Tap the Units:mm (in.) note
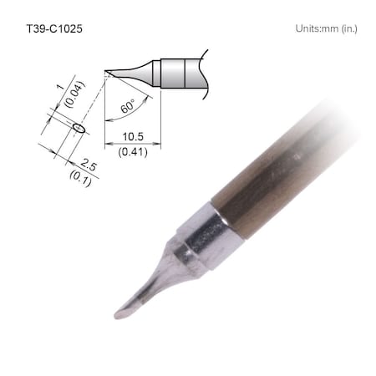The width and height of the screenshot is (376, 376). click(x=326, y=28)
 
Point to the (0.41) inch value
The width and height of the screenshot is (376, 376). click(x=131, y=151)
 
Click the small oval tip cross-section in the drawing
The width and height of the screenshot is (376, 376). click(x=79, y=128)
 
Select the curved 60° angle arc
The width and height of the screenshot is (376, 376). click(x=144, y=104)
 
